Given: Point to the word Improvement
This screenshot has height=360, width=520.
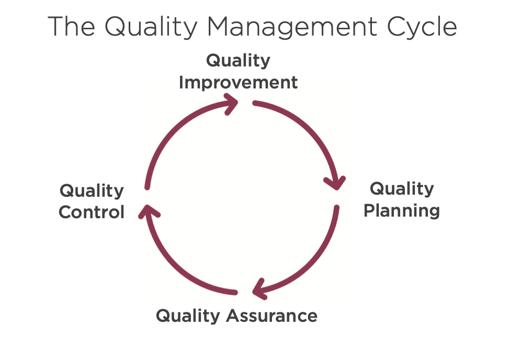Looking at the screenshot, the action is [x=238, y=83].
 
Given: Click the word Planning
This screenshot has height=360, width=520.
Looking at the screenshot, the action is [x=401, y=210].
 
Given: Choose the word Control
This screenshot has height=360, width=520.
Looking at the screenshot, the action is [x=92, y=212].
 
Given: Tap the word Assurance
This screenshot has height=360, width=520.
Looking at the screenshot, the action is [x=272, y=316].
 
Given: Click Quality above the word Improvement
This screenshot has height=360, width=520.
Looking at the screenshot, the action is [x=238, y=60].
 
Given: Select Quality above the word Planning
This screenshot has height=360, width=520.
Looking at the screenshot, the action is [x=402, y=188].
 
